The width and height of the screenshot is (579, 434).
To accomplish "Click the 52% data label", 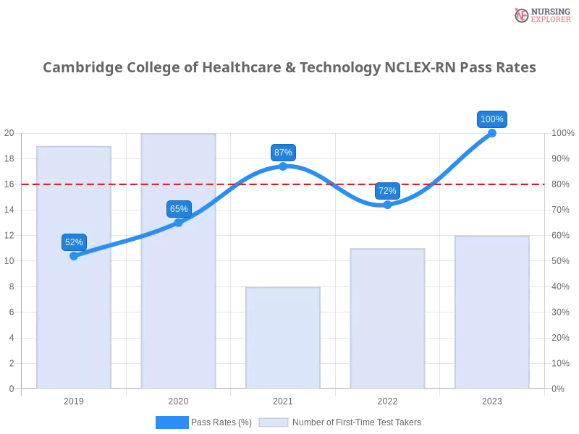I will (x=74, y=242).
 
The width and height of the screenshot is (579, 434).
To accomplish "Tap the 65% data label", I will (x=179, y=209).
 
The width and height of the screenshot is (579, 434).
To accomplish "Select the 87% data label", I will (x=283, y=153).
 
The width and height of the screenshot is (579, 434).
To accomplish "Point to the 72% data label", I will (x=387, y=191).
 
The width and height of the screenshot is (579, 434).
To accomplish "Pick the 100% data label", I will (x=492, y=119).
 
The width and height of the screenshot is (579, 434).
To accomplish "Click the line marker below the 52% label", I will (x=74, y=255).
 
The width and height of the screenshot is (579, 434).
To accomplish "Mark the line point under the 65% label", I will (x=179, y=222).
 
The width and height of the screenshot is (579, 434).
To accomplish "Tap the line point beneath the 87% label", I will (x=283, y=166).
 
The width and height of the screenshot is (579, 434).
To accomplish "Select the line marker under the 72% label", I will (x=387, y=205).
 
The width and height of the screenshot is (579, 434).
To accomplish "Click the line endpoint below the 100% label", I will (x=492, y=132).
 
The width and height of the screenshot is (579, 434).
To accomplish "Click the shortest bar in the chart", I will (x=283, y=340).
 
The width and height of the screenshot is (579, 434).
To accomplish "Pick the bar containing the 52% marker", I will (x=75, y=318).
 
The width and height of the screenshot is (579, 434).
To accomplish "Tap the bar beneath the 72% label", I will (x=387, y=318).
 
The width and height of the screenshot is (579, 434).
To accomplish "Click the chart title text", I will (x=289, y=68).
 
